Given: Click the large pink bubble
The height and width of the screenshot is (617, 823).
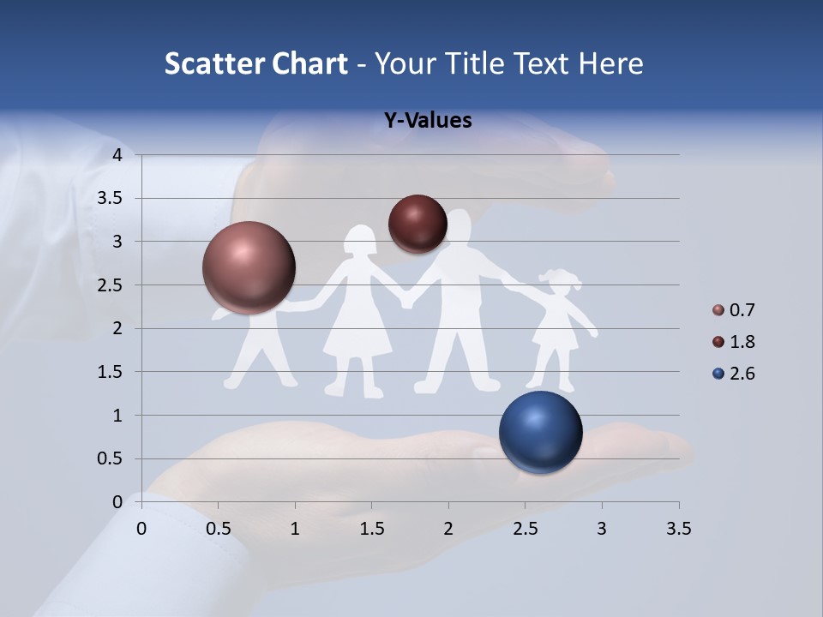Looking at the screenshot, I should click(249, 267).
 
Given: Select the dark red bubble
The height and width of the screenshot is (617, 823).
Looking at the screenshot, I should click(418, 224).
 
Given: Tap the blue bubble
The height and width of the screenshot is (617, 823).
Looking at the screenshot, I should click(540, 432).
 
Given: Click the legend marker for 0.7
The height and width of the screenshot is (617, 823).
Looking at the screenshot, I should click(718, 310).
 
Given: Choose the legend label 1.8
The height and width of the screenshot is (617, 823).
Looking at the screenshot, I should click(742, 342).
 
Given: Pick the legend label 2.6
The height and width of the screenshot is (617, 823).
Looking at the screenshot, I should click(742, 374).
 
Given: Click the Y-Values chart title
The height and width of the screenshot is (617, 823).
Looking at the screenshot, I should click(427, 121).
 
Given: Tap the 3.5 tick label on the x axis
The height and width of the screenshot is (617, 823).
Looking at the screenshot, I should click(678, 528).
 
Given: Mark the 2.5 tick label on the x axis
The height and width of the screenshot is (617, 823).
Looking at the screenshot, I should click(525, 528).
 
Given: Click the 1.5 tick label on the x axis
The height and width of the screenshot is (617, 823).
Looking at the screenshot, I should click(371, 528).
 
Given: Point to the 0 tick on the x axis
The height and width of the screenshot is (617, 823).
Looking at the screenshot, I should click(141, 528).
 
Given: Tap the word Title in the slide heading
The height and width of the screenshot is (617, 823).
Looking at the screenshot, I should click(470, 63).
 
